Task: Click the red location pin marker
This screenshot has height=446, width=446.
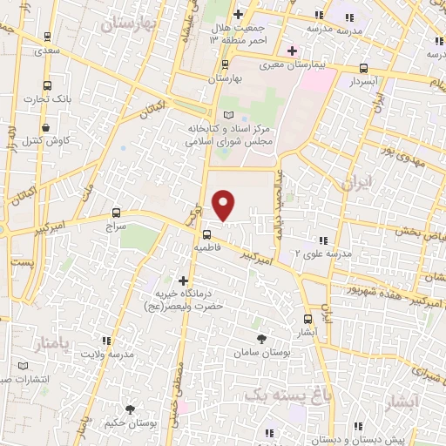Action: [225, 205]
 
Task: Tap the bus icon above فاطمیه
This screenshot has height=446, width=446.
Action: [207, 233]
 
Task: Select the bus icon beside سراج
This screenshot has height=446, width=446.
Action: [117, 213]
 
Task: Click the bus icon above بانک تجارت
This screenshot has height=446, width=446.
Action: [47, 86]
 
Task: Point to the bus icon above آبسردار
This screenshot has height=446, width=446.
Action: [363, 69]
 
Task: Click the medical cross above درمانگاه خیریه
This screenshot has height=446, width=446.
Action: [183, 280]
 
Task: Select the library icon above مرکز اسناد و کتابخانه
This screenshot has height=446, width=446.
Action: [229, 116]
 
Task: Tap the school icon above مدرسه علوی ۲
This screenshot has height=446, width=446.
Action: [324, 240]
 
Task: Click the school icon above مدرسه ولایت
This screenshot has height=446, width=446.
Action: [105, 341]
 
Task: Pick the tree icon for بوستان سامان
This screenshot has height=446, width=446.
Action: [260, 338]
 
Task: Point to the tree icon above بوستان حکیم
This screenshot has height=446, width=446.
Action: [130, 409]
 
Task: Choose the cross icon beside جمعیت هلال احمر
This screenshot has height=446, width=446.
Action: [238, 14]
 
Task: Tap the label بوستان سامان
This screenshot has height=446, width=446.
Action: [260, 353]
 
